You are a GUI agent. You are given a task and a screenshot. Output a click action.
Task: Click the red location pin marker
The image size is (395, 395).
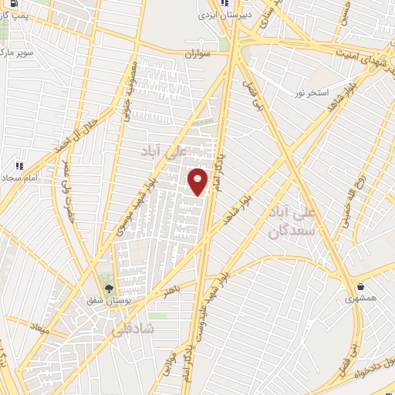[198, 181]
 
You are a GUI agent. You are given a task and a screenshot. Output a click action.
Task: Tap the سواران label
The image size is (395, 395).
[197, 56]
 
